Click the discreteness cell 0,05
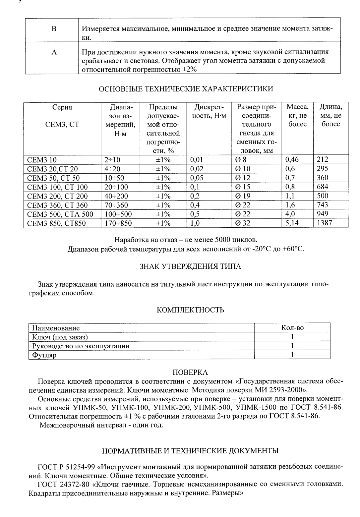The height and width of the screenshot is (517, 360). pyautogui.click(x=197, y=178)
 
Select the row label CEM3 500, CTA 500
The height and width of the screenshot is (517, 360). pyautogui.click(x=60, y=214)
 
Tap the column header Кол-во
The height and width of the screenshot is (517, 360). pyautogui.click(x=292, y=328)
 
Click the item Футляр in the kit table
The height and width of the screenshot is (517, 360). pyautogui.click(x=44, y=355)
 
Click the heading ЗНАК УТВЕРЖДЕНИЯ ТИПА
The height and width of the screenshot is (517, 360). pyautogui.click(x=190, y=266)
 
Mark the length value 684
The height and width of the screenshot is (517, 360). pyautogui.click(x=323, y=187)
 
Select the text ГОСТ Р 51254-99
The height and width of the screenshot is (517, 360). pyautogui.click(x=67, y=467)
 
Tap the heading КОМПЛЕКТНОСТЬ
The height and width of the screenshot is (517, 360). pyautogui.click(x=190, y=310)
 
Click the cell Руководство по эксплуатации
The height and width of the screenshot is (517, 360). pyautogui.click(x=81, y=346)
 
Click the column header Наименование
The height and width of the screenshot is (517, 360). pyautogui.click(x=56, y=328)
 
